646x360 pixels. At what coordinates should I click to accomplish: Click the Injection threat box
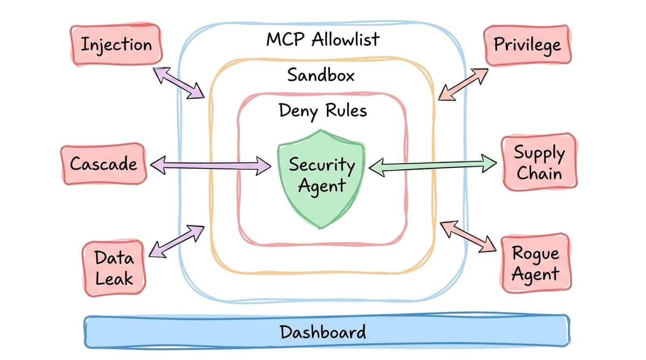[x=116, y=44]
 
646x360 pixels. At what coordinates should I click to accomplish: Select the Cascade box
[x=103, y=164]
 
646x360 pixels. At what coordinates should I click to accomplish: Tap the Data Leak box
[x=114, y=268]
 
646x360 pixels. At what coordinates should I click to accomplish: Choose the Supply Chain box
[x=538, y=163]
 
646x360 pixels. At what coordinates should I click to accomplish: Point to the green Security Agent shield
[x=321, y=178]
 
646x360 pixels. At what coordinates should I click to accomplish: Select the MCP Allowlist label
[x=322, y=39]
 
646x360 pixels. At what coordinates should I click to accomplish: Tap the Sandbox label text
[x=321, y=75]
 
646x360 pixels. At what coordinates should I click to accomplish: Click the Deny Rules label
[x=322, y=110]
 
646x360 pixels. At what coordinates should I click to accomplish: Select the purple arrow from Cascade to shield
[x=210, y=165]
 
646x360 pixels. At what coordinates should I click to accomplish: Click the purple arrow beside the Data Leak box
[x=177, y=241]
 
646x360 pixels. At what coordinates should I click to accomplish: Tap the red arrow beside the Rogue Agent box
[x=467, y=237]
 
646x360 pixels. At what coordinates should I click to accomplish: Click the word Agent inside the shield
[x=322, y=187]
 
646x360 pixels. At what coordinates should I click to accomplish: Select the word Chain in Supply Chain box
[x=538, y=174]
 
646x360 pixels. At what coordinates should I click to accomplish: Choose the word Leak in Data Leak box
[x=114, y=279]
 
